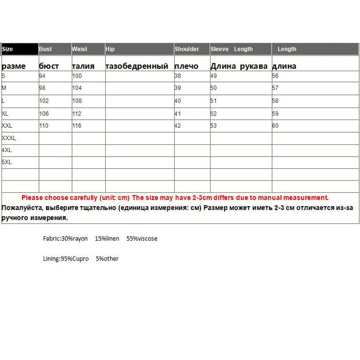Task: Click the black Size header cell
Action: tap(20, 49)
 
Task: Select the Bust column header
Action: tap(45, 49)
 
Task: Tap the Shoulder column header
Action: tap(187, 49)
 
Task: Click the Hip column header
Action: tap(110, 49)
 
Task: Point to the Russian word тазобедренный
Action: tap(137, 66)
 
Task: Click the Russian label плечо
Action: tap(186, 66)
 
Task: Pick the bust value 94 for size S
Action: tap(43, 76)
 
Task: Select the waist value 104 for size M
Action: tap(77, 88)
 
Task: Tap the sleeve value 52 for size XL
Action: tap(214, 114)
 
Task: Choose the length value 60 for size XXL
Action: tap(275, 126)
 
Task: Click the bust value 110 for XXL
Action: tap(44, 126)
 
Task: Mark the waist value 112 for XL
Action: tap(77, 114)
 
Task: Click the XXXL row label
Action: tap(9, 138)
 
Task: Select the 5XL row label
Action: tap(7, 162)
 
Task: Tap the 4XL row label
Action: tap(7, 150)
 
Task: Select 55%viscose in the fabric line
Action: tap(142, 238)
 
